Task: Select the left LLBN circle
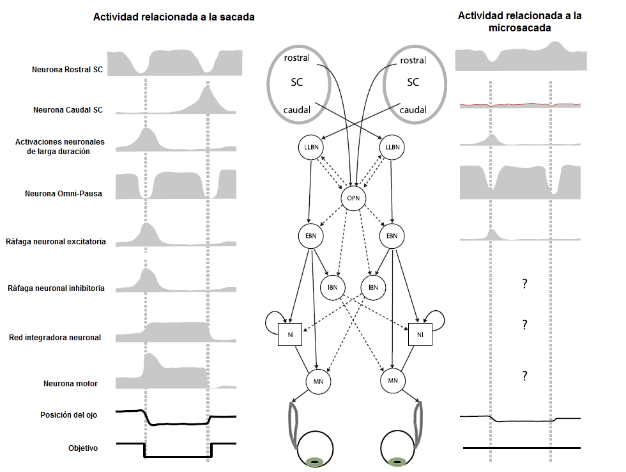pos(310,148)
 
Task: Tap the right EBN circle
pos(393,235)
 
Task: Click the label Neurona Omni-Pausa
pos(64,193)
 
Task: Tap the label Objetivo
pos(83,448)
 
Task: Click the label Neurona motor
pos(70,384)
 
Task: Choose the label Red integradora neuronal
pos(55,337)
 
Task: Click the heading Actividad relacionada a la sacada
pos(174,17)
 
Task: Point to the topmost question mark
pos(524,283)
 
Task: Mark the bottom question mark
pos(524,376)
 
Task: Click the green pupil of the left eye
pos(314,461)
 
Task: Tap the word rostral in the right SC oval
pos(413,60)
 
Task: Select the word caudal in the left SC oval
pos(297,110)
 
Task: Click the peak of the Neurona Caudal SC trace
pos(206,88)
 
